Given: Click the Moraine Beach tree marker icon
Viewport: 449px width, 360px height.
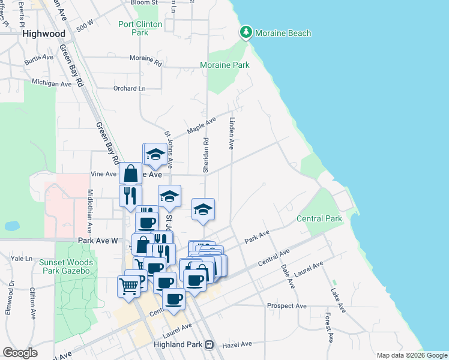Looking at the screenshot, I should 246,32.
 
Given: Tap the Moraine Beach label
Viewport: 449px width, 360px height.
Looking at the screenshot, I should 282,33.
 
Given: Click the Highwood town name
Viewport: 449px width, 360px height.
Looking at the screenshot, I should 44,34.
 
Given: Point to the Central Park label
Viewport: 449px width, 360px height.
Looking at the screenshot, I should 319,218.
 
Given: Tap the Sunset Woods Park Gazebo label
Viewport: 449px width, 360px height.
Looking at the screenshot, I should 66,266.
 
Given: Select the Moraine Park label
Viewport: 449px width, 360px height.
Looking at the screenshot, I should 224,65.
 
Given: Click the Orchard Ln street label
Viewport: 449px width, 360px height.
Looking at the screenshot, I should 130,88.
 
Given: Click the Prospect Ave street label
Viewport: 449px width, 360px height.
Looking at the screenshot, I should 287,306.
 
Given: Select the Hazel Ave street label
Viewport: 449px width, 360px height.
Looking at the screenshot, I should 237,344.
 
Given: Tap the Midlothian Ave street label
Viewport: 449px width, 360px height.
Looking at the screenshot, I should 91,211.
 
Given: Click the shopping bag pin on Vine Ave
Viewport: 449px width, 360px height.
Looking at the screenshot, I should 130,173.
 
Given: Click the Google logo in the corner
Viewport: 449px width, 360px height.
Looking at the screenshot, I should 20,353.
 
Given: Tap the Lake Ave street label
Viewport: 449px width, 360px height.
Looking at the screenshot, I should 338,299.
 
